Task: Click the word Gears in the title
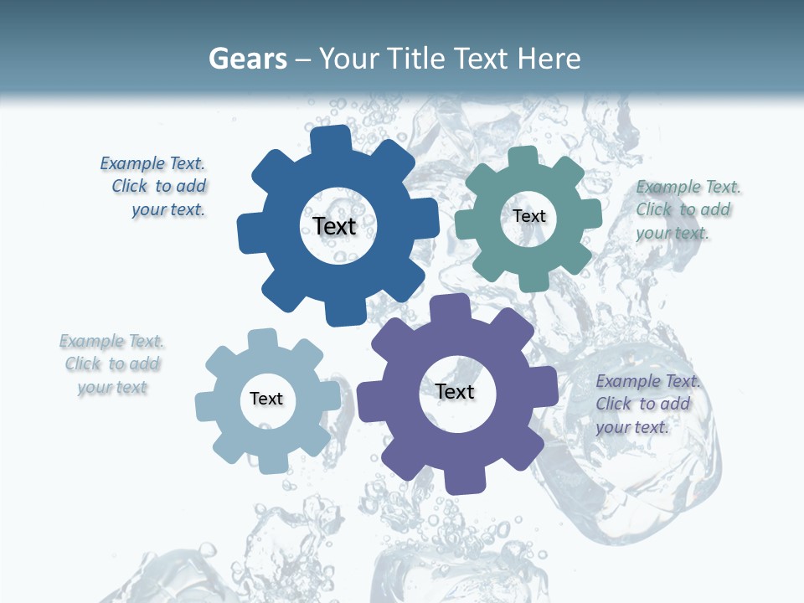(x=248, y=59)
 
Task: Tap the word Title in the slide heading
(x=418, y=59)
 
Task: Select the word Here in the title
(x=549, y=59)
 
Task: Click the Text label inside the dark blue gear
(x=335, y=226)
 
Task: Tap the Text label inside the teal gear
(x=529, y=216)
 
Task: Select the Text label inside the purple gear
(x=455, y=391)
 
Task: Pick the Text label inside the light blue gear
(x=266, y=399)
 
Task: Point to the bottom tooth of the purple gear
(x=463, y=481)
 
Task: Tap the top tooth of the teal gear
(x=523, y=157)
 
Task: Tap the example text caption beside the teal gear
(x=687, y=209)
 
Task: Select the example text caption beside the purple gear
(x=647, y=404)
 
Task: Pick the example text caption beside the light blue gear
(x=112, y=364)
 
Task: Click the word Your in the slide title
(x=343, y=59)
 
